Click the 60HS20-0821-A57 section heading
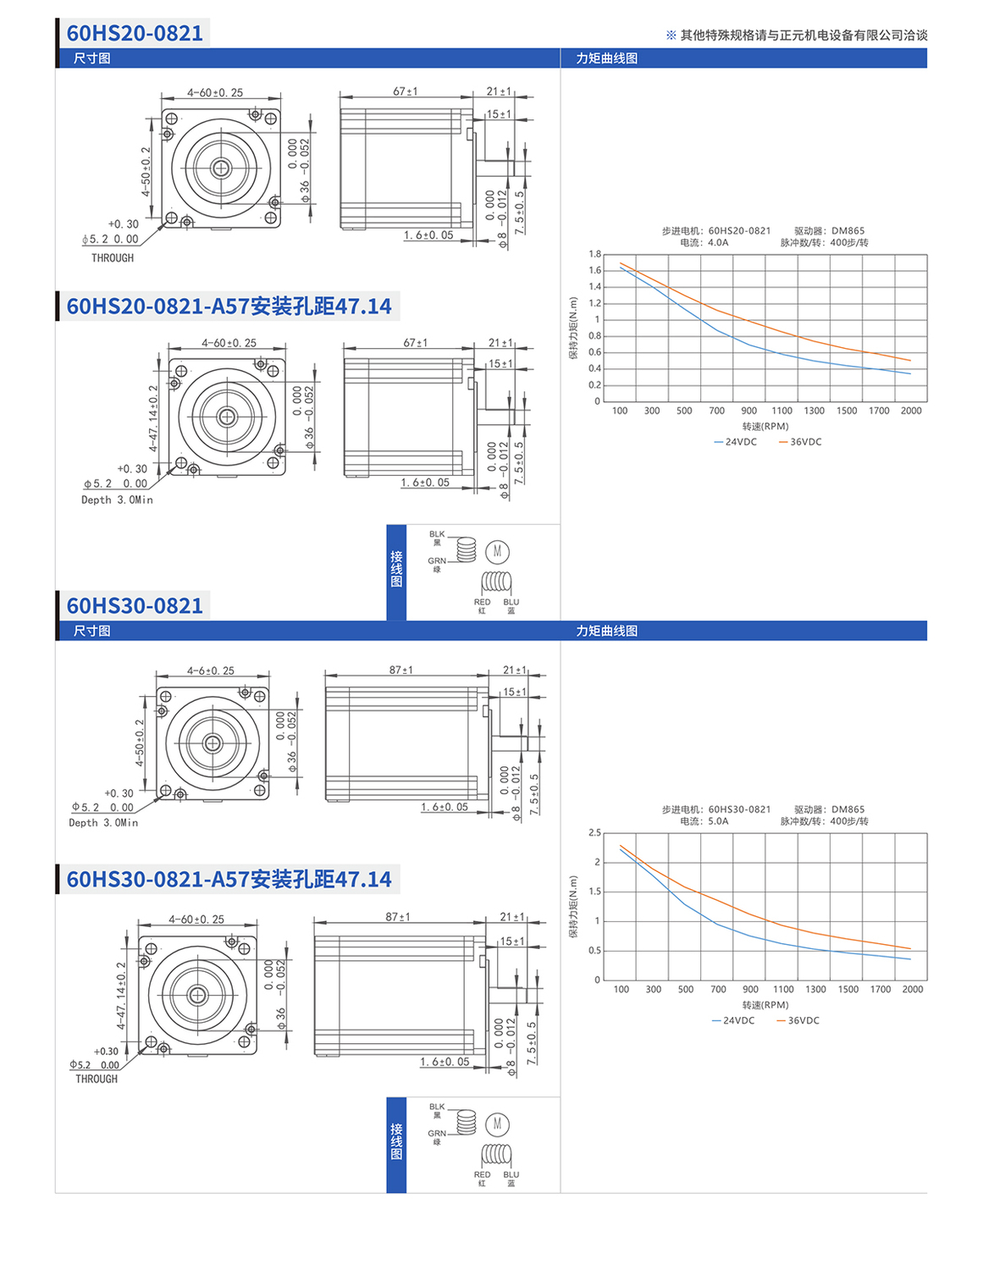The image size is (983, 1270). click(x=229, y=306)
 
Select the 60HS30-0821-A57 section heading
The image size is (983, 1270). click(x=229, y=879)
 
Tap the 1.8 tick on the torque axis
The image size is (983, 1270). click(x=594, y=254)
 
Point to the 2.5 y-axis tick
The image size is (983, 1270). click(x=594, y=832)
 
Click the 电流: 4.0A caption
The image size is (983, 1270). click(x=704, y=242)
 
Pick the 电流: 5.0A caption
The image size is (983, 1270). click(x=704, y=821)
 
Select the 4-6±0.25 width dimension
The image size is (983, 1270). click(x=210, y=671)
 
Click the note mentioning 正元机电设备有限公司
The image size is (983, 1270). click(x=796, y=35)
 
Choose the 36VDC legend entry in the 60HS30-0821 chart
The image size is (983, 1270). click(x=798, y=1020)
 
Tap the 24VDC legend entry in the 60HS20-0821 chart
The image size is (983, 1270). click(x=735, y=442)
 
